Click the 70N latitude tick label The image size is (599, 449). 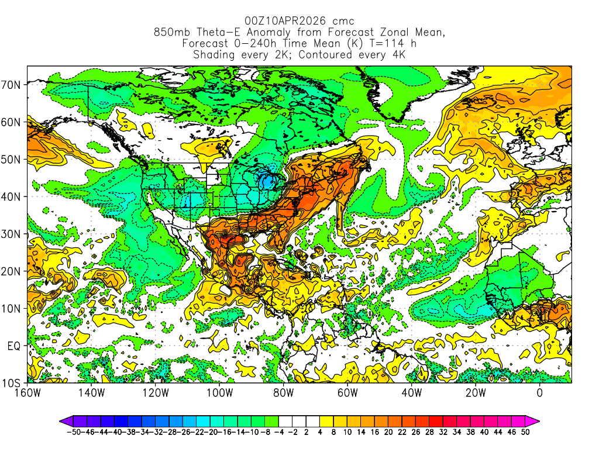click(x=13, y=85)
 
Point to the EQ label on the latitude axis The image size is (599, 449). click(x=13, y=346)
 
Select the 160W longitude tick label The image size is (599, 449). click(x=27, y=392)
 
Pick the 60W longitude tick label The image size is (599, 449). click(x=347, y=392)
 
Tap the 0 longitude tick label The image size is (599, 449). click(x=539, y=392)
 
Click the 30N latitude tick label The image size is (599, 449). click(x=13, y=234)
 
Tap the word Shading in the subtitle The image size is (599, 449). click(x=214, y=55)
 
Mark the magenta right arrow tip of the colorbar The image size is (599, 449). click(x=536, y=420)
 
